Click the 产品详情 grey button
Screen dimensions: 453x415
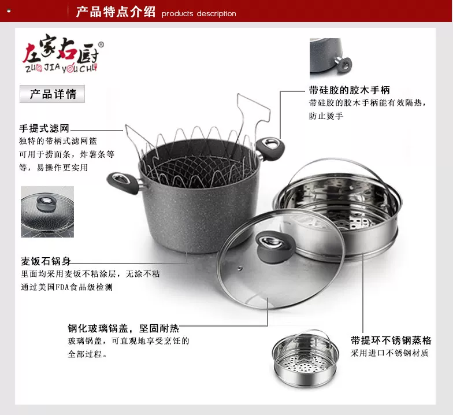[52, 94]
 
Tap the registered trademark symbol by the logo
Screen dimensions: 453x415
[101, 45]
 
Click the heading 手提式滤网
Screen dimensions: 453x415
[44, 128]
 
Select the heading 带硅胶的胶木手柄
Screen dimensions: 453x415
[350, 90]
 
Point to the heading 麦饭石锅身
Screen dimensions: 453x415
[46, 261]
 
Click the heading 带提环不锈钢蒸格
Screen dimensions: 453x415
[391, 340]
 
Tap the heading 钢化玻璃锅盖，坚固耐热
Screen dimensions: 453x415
[124, 328]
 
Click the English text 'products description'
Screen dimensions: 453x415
[199, 14]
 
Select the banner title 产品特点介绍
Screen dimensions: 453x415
[116, 12]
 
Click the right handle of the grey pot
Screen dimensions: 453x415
[269, 149]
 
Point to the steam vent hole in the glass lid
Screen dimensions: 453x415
[240, 268]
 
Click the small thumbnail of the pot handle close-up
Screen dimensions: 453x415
[331, 58]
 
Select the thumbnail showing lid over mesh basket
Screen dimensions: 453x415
[47, 212]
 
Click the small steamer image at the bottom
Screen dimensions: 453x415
[305, 358]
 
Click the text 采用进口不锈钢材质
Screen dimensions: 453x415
[389, 353]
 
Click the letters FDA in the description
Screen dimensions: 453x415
[62, 287]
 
